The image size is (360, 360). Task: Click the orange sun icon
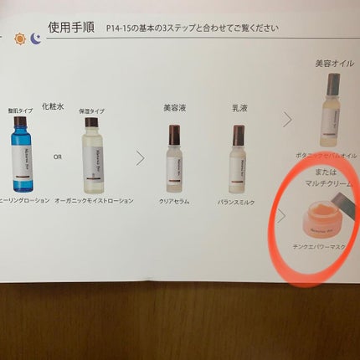[x=19, y=38]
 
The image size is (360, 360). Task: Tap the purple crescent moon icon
[x=36, y=38]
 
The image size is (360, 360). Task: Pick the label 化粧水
[x=54, y=107]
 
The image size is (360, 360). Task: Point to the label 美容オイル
[x=332, y=64]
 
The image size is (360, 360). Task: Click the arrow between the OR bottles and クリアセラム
[x=140, y=157]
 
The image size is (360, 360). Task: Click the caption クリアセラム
[x=173, y=201]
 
